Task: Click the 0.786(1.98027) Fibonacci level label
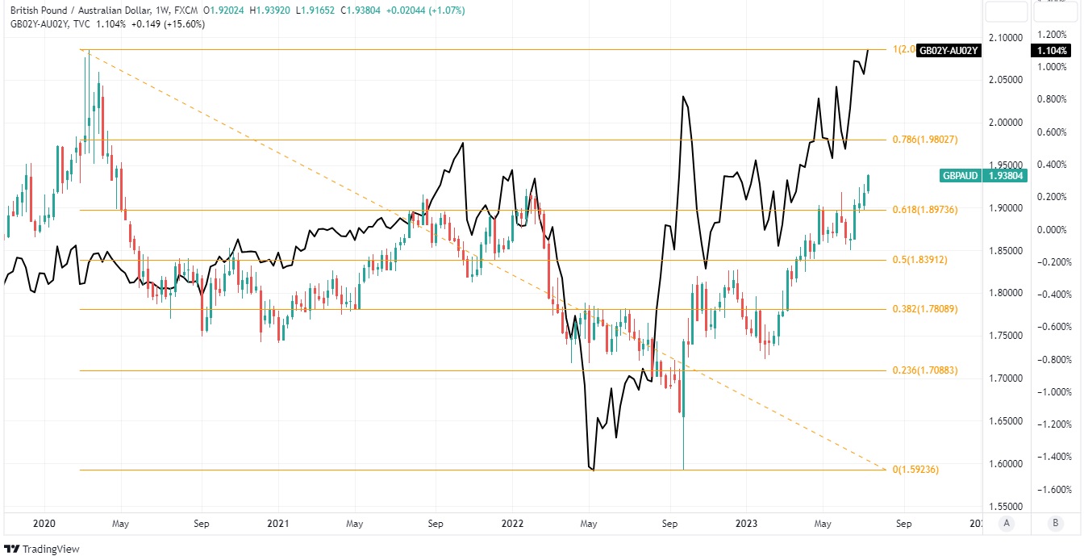(925, 140)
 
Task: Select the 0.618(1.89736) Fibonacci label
(925, 210)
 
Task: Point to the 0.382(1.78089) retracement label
(925, 309)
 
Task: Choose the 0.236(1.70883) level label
(925, 371)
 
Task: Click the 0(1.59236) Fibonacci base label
(915, 470)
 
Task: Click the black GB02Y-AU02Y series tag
(948, 51)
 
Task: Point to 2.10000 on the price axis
(1005, 37)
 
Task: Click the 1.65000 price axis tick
(1005, 421)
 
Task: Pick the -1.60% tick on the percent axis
(1056, 489)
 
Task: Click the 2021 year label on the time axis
(278, 523)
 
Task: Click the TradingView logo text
(44, 549)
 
